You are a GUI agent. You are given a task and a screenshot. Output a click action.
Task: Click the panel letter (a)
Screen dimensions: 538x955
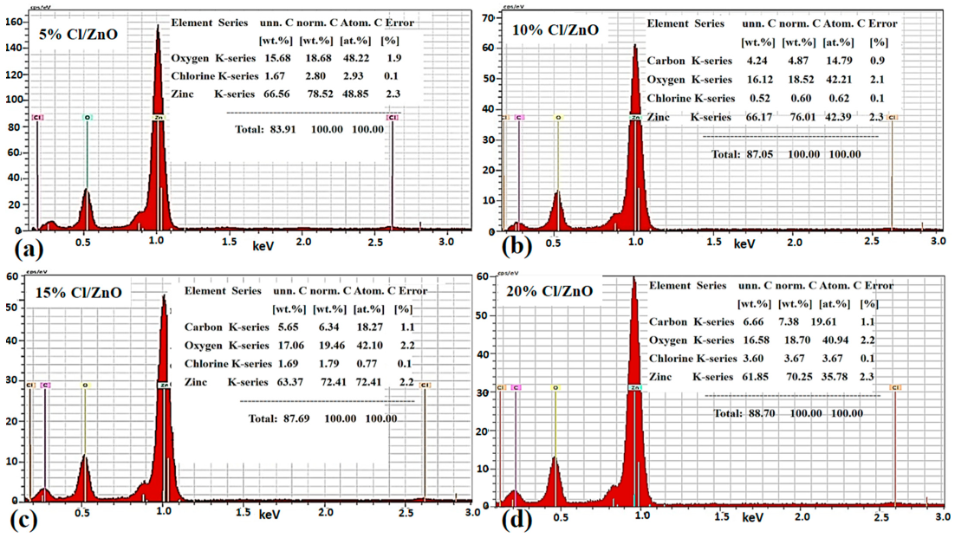[18, 250]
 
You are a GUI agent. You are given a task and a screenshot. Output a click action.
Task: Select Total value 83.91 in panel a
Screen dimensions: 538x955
[274, 129]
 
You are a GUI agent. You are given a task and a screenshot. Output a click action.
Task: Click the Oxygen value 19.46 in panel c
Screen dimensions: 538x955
[335, 345]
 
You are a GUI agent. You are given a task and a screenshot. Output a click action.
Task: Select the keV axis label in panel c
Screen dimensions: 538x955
[270, 515]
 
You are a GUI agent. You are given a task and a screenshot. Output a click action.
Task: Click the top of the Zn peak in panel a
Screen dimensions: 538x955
[158, 28]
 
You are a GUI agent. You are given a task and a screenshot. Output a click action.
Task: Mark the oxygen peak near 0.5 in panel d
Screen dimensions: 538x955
[555, 459]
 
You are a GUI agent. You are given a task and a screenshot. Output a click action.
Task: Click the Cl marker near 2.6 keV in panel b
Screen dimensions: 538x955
[892, 117]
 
